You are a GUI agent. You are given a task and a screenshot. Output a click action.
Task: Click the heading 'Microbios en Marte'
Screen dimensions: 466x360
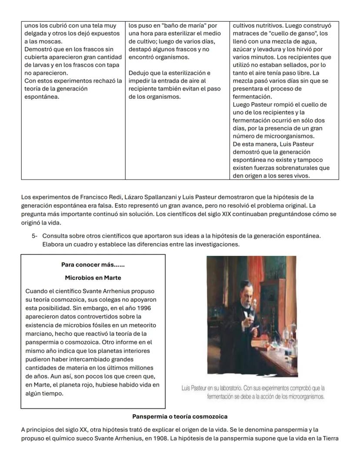pos(93,278)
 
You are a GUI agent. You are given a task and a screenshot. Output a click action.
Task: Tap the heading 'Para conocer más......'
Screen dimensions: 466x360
pos(93,265)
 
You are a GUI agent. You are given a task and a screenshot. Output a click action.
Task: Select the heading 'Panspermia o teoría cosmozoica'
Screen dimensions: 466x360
pos(180,416)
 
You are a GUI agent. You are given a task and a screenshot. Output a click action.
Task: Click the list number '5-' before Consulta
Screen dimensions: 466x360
pos(35,235)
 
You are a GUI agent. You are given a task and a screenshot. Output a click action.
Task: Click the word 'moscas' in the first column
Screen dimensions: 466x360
pos(51,41)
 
